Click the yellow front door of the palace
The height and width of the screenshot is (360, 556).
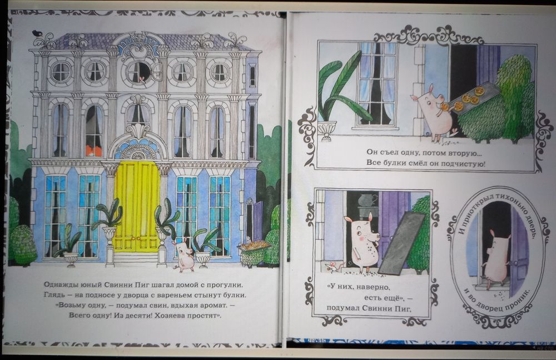[137, 206]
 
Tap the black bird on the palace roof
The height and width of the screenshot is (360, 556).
[37, 34]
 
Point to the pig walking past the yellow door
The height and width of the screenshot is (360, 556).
[184, 254]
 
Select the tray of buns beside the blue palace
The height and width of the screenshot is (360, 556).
[254, 246]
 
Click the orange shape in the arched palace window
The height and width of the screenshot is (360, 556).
[93, 151]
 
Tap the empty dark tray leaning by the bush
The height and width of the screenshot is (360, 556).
[402, 243]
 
